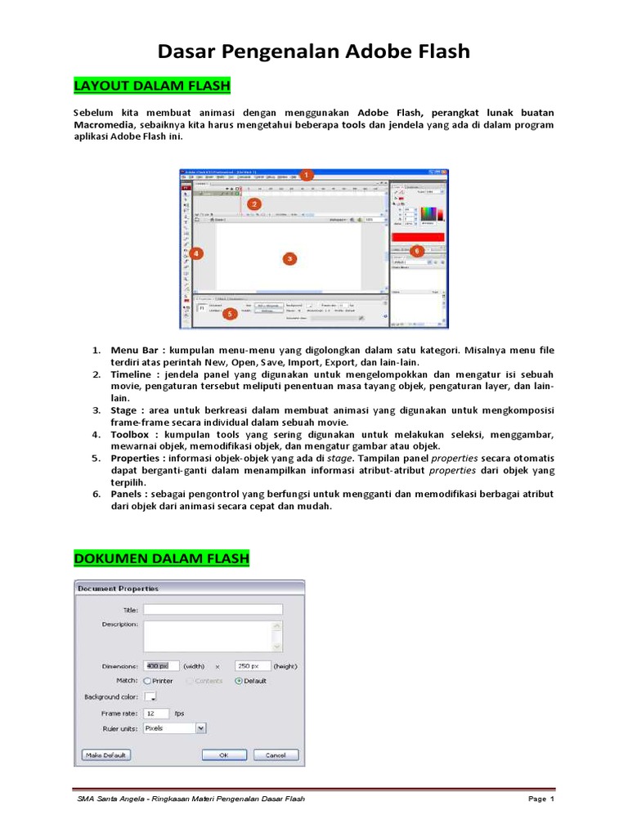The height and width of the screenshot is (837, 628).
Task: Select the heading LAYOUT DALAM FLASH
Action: pos(152,86)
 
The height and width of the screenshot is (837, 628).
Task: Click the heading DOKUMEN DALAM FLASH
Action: pos(161,558)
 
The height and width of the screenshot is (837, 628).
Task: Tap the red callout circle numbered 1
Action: pos(306,175)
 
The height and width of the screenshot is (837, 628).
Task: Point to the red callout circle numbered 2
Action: pos(254,204)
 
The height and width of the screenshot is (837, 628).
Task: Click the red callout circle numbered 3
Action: pos(289,258)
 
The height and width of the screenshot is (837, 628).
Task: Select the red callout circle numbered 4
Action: pos(197,253)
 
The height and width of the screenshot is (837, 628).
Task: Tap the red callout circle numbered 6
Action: pos(417,251)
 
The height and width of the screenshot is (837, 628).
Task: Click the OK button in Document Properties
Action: pos(223,754)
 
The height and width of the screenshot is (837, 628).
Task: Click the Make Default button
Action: pos(106,754)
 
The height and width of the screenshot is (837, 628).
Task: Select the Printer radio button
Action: pos(148,680)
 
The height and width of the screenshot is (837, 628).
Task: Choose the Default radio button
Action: pos(239,680)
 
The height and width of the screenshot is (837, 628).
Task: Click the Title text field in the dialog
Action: pos(213,609)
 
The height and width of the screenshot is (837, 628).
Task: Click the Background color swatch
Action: pos(150,697)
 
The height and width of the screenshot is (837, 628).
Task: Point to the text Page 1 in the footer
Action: pos(541,798)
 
